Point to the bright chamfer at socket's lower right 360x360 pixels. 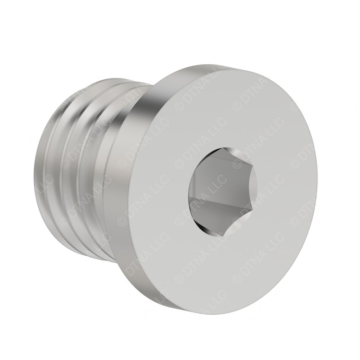[x=248, y=218]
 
